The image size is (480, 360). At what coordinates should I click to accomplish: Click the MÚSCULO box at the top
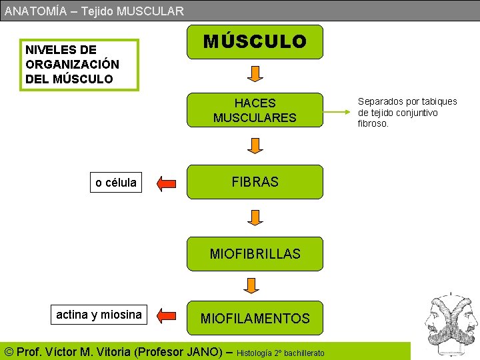(x=255, y=42)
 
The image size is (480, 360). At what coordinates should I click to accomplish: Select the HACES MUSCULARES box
(x=255, y=110)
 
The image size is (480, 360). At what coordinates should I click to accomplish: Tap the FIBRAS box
(x=255, y=181)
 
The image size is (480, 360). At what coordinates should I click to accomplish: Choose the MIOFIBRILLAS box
(x=255, y=253)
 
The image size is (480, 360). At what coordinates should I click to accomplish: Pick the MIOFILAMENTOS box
(x=255, y=318)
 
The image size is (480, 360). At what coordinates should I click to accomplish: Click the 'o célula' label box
(x=116, y=182)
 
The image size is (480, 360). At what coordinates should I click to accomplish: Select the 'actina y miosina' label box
(x=99, y=315)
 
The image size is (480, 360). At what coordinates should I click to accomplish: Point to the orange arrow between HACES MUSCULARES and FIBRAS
(x=254, y=145)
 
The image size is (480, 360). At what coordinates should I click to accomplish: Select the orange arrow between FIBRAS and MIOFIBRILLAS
(x=254, y=217)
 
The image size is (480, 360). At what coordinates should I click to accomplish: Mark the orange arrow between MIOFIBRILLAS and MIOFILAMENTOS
(x=251, y=285)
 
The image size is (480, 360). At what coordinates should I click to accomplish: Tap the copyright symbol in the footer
(x=9, y=351)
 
